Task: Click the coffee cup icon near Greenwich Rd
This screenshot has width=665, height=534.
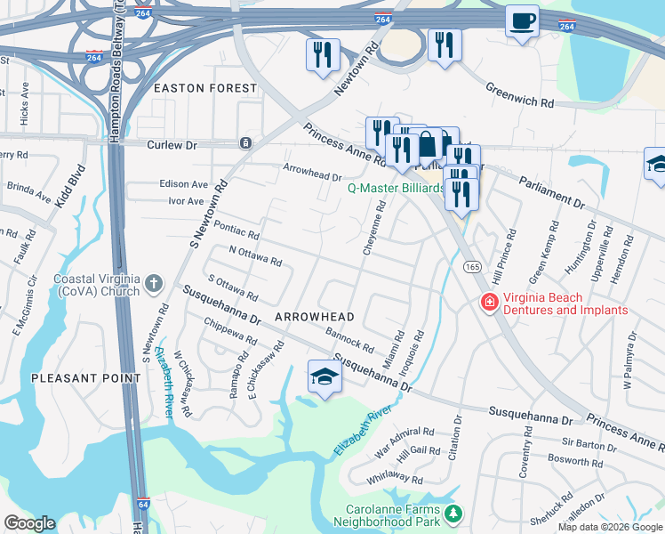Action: pyautogui.click(x=522, y=20)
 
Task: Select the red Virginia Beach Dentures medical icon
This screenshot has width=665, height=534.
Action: pyautogui.click(x=488, y=303)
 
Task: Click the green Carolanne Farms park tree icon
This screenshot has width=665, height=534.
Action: pyautogui.click(x=453, y=514)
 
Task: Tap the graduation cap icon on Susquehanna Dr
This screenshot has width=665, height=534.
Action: pyautogui.click(x=324, y=377)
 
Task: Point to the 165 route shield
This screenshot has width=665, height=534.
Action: pyautogui.click(x=471, y=266)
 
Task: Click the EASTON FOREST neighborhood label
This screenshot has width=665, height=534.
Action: pyautogui.click(x=205, y=89)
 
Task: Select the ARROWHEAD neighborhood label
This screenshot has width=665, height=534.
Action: pyautogui.click(x=315, y=317)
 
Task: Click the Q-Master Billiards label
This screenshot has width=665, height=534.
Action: pyautogui.click(x=395, y=189)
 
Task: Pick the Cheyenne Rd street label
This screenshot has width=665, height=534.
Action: pyautogui.click(x=374, y=229)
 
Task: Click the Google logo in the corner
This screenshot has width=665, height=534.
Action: pyautogui.click(x=29, y=523)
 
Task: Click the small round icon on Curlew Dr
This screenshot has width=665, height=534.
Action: pyautogui.click(x=245, y=143)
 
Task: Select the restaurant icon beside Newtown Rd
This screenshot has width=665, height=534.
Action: pyautogui.click(x=322, y=54)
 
